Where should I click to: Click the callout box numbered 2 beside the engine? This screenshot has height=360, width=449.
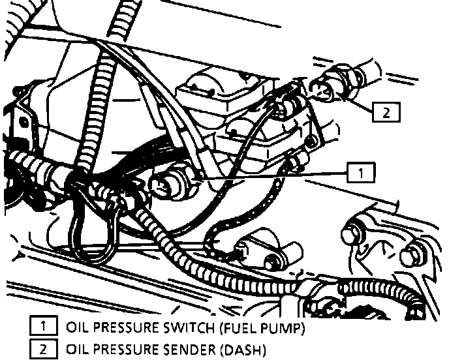pyautogui.click(x=386, y=112)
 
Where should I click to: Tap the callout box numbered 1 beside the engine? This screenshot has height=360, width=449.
pyautogui.click(x=360, y=172)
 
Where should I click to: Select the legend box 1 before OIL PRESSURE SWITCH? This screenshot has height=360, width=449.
pyautogui.click(x=42, y=326)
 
